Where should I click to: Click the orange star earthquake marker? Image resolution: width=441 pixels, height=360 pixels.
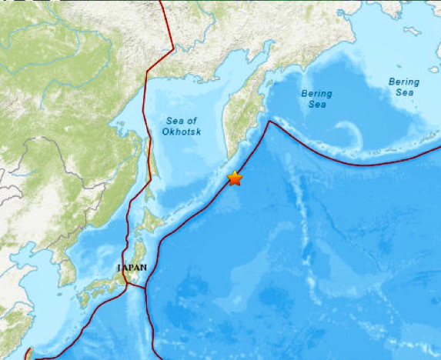tap(235, 178)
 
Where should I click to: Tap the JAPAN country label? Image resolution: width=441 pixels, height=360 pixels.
tap(130, 267)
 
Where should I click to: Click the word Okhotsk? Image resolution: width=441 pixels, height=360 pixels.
tap(182, 132)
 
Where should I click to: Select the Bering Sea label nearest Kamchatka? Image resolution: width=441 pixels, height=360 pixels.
tap(316, 98)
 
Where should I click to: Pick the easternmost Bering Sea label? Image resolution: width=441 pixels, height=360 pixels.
tap(403, 86)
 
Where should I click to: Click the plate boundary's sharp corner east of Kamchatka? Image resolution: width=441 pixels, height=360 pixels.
tap(269, 121)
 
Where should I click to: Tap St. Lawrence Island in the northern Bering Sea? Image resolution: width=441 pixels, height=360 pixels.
tap(411, 31)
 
